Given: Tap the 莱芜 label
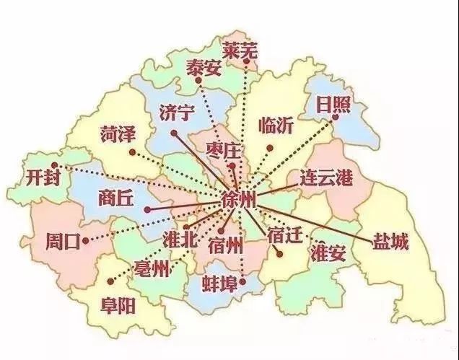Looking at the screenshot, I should [x=240, y=51].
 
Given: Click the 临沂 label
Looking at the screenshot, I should [x=276, y=125].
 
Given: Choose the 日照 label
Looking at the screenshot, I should [x=333, y=105].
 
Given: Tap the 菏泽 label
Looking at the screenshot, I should [x=118, y=134].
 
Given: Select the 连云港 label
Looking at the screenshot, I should [x=326, y=177].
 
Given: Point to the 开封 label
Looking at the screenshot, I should [x=43, y=177].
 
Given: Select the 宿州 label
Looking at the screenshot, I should [x=224, y=244].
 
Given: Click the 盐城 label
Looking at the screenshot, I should [x=390, y=242].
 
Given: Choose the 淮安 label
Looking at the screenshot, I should [x=326, y=254].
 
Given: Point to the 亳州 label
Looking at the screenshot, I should [x=152, y=271].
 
